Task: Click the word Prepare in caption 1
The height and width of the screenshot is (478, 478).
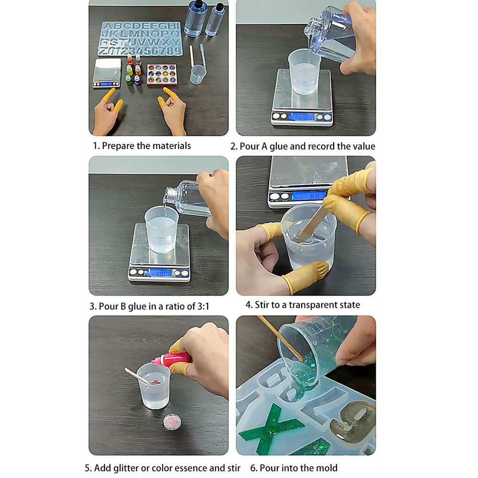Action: point(118,146)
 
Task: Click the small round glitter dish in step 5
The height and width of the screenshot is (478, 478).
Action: point(172,422)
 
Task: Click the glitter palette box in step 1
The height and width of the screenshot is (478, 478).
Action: point(162,74)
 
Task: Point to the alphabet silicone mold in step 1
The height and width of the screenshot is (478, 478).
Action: point(140,39)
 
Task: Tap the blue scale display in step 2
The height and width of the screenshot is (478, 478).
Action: point(301,117)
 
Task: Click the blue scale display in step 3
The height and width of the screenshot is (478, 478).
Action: point(159,273)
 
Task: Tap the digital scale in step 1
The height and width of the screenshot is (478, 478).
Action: point(107,73)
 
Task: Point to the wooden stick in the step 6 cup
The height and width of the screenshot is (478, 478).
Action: point(281,338)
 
